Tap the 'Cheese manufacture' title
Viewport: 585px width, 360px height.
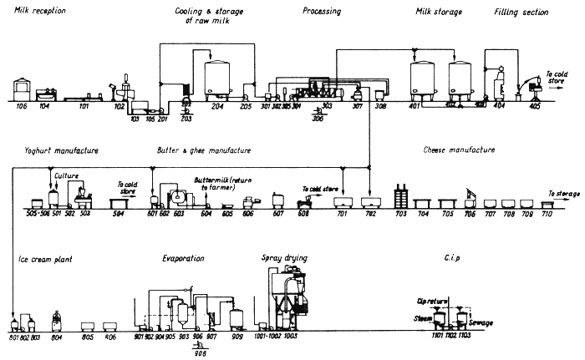click(x=460, y=150)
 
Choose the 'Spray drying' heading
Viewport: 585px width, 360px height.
click(x=284, y=259)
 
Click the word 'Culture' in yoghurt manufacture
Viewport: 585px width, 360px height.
click(x=66, y=177)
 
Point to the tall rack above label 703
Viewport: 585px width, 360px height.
click(x=400, y=199)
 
